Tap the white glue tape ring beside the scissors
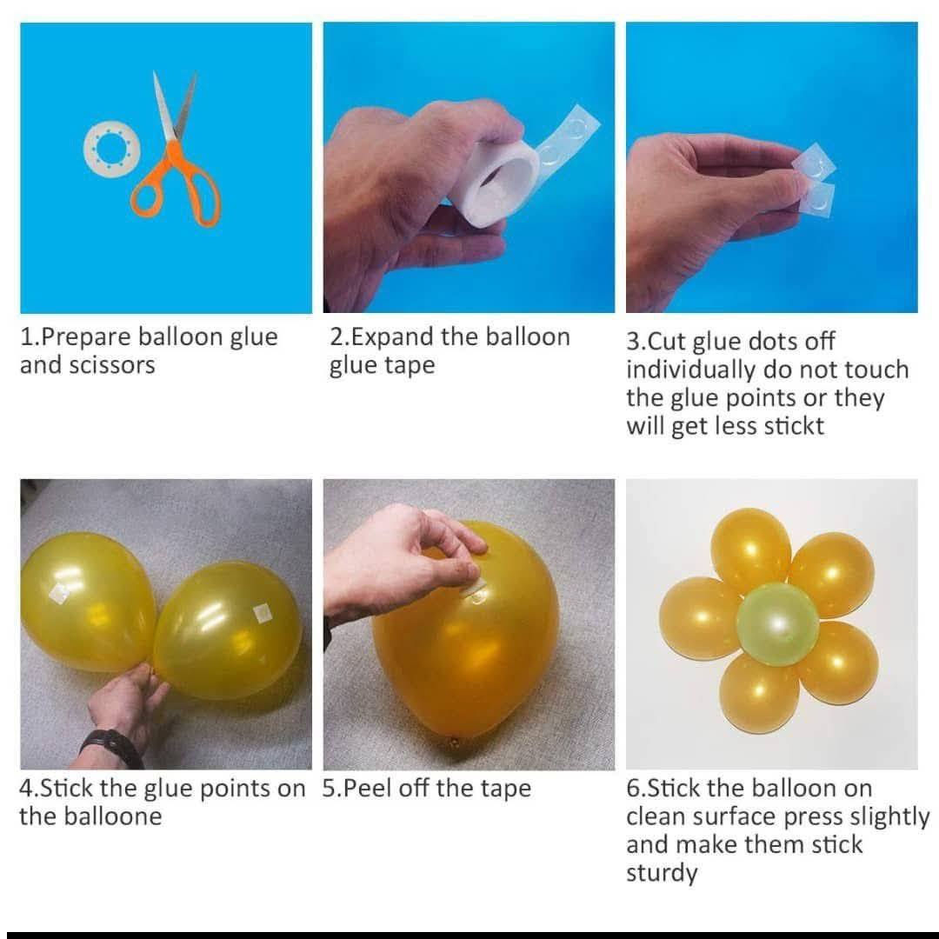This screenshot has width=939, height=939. [x=90, y=149]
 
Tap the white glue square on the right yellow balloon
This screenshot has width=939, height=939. [x=262, y=613]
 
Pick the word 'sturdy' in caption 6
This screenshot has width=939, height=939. [x=662, y=873]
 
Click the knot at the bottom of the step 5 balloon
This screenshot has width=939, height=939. [x=454, y=743]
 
